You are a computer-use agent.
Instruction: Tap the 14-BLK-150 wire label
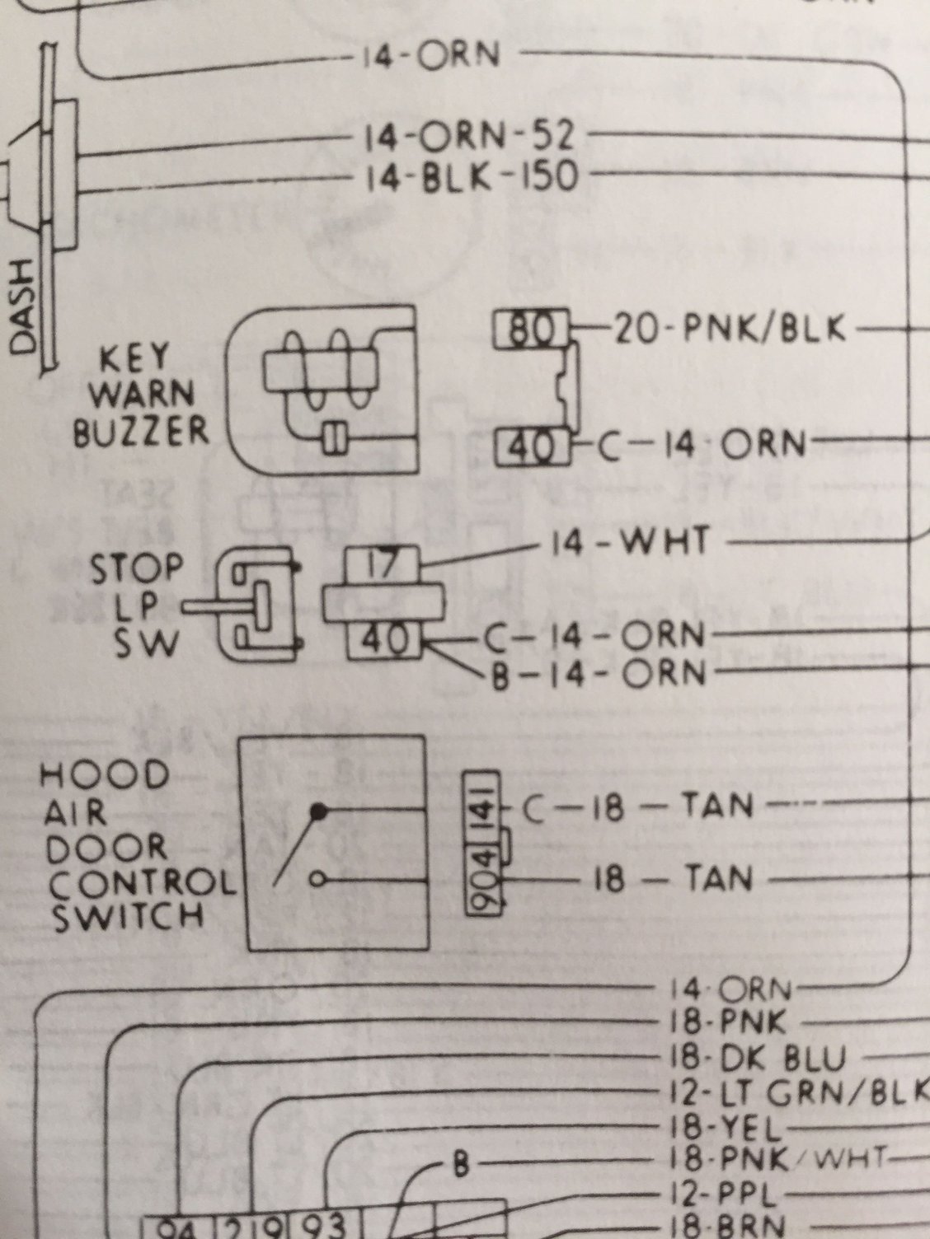(471, 176)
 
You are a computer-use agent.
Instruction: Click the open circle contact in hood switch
(316, 880)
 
